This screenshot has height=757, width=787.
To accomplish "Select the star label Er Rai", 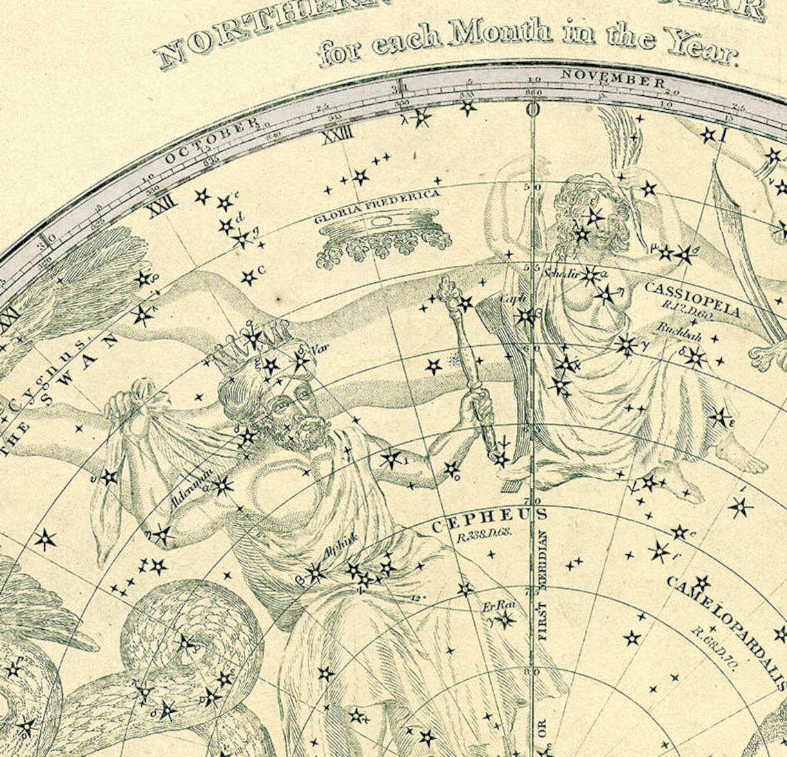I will tap(499, 606).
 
